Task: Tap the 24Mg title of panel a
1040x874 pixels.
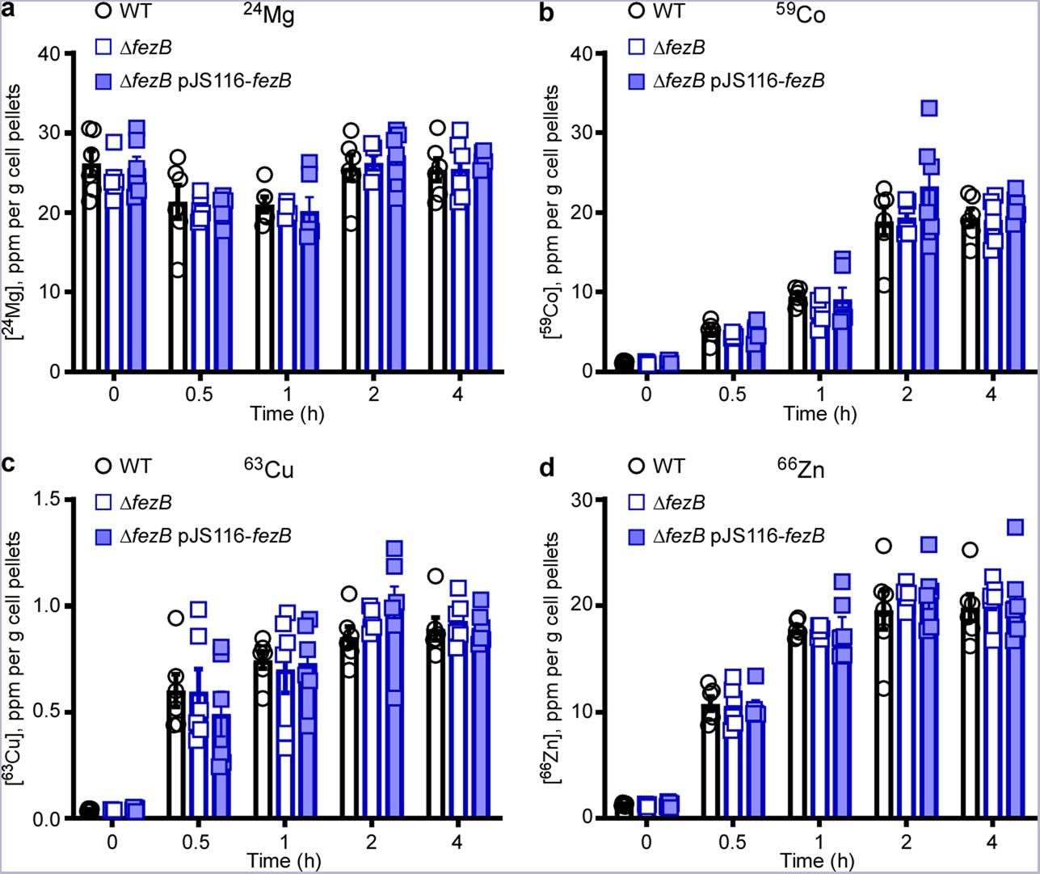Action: pos(269,15)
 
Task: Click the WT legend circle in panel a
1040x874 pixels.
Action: pos(103,12)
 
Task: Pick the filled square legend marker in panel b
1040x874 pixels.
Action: pos(636,81)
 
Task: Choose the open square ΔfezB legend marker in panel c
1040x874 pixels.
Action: pos(103,503)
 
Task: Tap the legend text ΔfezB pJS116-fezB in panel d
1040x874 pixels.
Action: pos(738,535)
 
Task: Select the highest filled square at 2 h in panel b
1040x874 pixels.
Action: pos(928,108)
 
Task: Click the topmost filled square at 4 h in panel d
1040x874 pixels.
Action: pos(1015,527)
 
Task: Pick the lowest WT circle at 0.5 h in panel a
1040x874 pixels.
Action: pos(178,269)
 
